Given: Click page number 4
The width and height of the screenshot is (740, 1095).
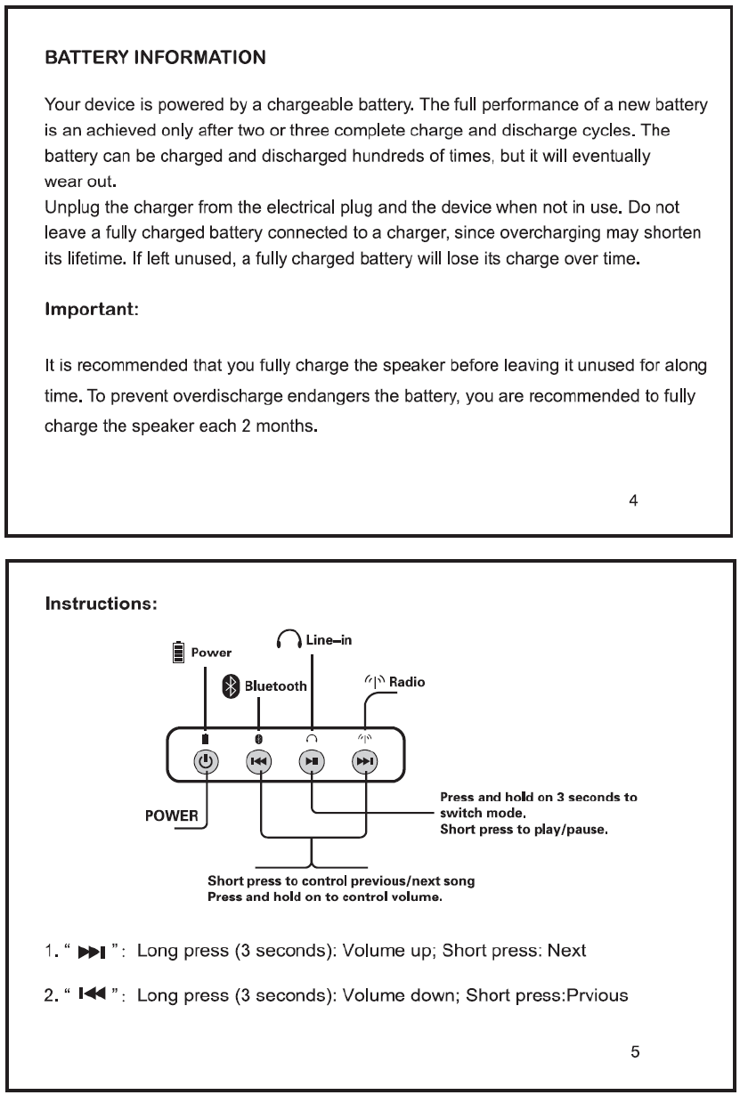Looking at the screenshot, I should pyautogui.click(x=633, y=500).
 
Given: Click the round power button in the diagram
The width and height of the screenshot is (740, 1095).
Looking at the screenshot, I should pyautogui.click(x=206, y=761).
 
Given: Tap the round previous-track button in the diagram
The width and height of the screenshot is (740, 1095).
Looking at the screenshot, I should pyautogui.click(x=258, y=761).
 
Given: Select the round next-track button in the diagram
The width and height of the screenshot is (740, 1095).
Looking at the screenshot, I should pyautogui.click(x=365, y=761).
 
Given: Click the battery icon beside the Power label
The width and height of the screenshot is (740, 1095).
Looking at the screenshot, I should pyautogui.click(x=178, y=653).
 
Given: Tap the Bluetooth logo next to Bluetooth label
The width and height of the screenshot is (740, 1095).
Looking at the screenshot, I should pyautogui.click(x=231, y=685).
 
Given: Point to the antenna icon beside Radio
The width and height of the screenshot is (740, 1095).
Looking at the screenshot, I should pyautogui.click(x=374, y=683).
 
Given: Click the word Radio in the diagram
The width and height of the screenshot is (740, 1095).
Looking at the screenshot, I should pyautogui.click(x=407, y=683).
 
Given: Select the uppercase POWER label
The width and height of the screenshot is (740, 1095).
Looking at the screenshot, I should pyautogui.click(x=172, y=816).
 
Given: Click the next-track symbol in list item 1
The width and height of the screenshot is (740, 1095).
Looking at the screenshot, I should pyautogui.click(x=92, y=952).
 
